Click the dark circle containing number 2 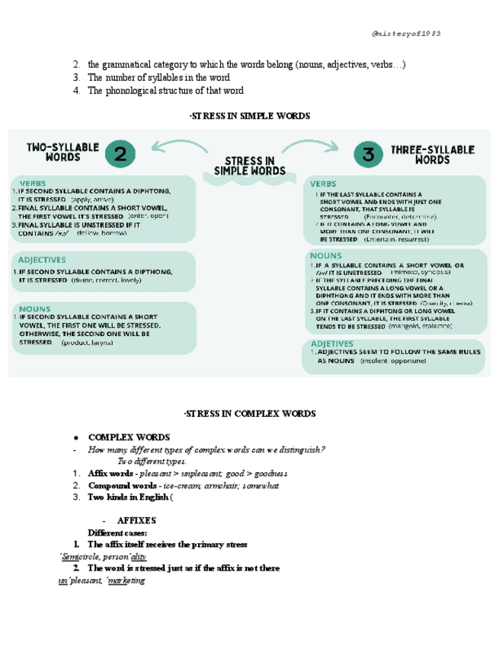pos(120,155)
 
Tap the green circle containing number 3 pos(369,155)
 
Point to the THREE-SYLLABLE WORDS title pos(432,155)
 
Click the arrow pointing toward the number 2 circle pos(177,146)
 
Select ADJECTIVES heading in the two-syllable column pos(43,260)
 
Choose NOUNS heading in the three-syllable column pos(325,256)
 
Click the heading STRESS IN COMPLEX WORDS pos(249,413)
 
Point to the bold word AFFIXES pos(136,520)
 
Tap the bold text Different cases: pos(117,532)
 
